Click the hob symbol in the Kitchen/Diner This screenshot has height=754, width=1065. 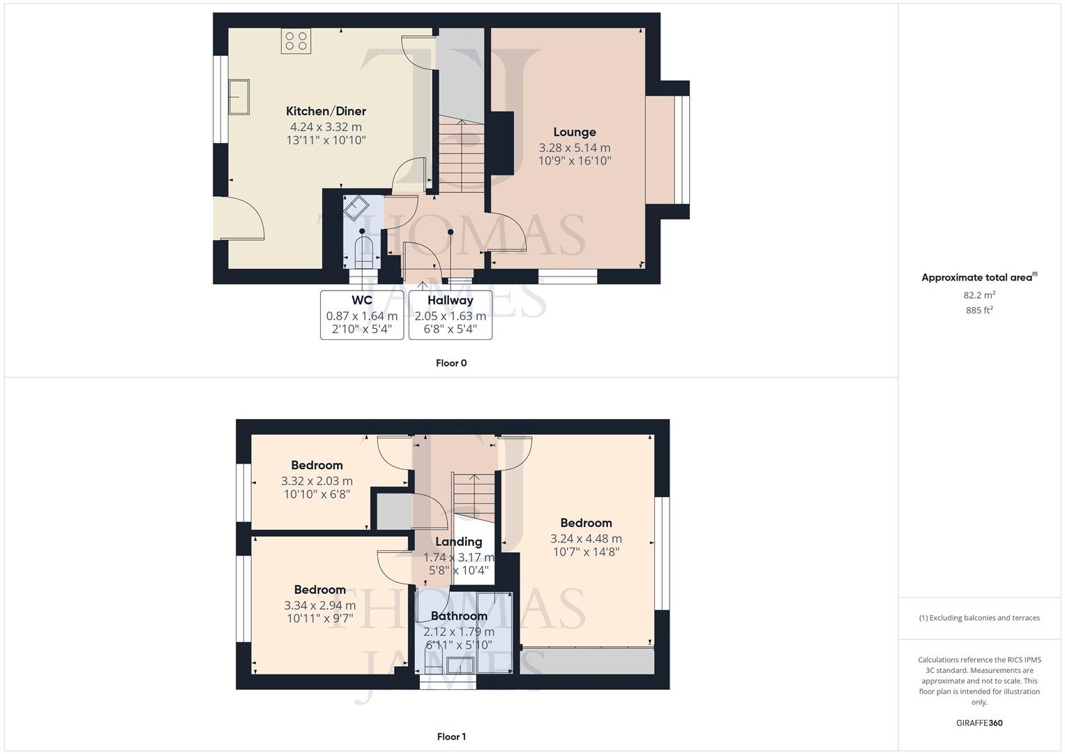(x=296, y=41)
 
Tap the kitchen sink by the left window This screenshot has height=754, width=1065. (x=239, y=96)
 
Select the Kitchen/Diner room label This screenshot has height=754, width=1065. (x=326, y=111)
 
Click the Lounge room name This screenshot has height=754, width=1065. (x=575, y=132)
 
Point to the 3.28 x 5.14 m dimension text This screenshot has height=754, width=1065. (x=575, y=148)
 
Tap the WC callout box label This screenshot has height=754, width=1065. (x=362, y=300)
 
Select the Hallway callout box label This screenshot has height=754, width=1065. (x=450, y=300)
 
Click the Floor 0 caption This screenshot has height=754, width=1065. (x=451, y=363)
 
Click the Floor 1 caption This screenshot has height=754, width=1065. (x=451, y=737)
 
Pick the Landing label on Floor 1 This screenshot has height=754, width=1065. (x=458, y=542)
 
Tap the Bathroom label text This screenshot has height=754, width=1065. (x=458, y=616)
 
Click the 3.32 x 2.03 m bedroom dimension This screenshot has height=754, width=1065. (x=317, y=481)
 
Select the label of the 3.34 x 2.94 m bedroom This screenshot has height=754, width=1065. (x=319, y=590)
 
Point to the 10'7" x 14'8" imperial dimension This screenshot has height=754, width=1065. (x=586, y=552)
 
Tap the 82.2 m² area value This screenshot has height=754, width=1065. (x=979, y=295)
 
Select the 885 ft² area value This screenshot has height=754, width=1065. (x=979, y=310)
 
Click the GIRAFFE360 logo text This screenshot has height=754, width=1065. (x=979, y=723)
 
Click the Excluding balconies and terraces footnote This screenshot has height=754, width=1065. (x=979, y=618)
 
